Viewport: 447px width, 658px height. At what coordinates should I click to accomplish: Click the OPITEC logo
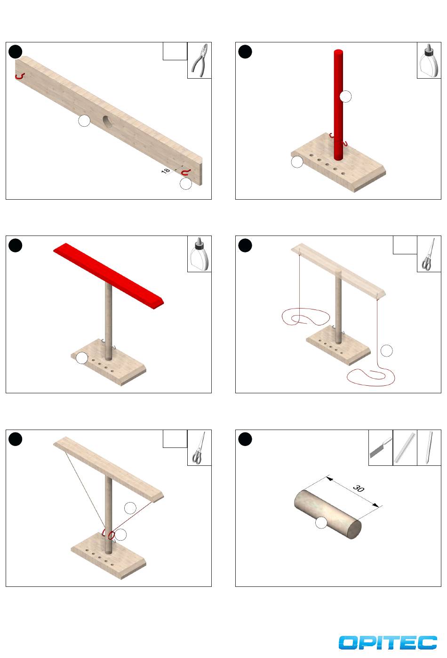387,642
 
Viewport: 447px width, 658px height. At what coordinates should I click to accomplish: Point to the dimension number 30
359,488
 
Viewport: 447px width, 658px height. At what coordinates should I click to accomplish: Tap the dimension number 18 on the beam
166,171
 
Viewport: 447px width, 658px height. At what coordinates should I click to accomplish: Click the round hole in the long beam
107,122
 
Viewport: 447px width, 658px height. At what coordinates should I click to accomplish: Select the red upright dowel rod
338,105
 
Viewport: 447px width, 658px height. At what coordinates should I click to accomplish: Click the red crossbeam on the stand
108,276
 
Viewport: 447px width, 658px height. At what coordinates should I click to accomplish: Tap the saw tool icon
380,447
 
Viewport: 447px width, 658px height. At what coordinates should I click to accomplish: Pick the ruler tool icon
405,447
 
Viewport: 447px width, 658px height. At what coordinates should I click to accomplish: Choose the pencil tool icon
429,447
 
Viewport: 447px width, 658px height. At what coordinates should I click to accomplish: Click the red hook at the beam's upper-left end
19,76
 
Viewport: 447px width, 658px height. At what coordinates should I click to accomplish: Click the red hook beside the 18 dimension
185,172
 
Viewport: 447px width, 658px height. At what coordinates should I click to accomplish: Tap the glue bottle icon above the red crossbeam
200,254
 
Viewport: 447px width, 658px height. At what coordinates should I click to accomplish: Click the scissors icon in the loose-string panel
428,254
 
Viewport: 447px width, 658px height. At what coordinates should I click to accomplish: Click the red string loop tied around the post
111,535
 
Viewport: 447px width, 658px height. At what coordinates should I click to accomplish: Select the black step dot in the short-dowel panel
245,439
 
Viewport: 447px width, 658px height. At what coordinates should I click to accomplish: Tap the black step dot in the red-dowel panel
245,52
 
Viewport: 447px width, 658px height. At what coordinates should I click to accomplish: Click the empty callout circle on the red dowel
345,97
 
